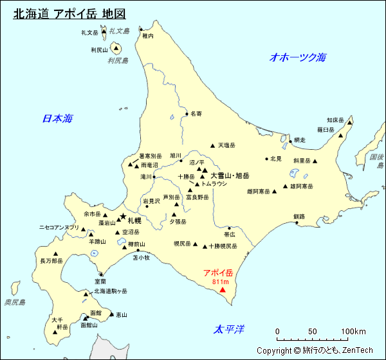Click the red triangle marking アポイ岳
[x=223, y=290]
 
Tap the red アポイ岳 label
[x=217, y=273]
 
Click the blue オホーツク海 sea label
[x=297, y=57]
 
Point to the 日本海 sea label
[x=57, y=118]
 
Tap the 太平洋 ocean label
[x=230, y=330]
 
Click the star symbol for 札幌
[x=123, y=217]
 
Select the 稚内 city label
[x=148, y=37]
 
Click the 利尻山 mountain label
[x=99, y=50]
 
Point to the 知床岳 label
[x=335, y=120]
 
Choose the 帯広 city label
[x=229, y=235]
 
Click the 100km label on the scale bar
[x=353, y=332]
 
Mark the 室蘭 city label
[x=100, y=281]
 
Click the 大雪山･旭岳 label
[x=230, y=175]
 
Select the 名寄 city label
[x=196, y=114]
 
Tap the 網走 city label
[x=299, y=140]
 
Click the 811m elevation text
[x=219, y=282]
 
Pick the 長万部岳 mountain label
[x=51, y=261]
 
